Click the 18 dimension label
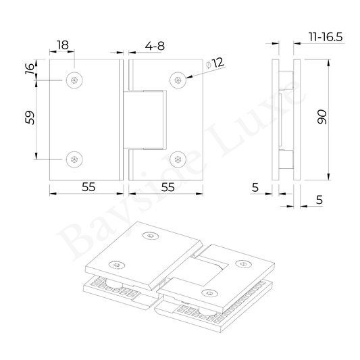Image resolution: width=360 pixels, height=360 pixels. pos(63,45)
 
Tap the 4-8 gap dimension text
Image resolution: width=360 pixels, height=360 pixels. pos(155,46)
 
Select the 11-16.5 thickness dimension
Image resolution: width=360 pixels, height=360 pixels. pos(326,37)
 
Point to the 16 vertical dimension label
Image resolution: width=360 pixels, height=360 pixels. pos(30,69)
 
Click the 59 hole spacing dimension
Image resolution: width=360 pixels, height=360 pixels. pos(30,118)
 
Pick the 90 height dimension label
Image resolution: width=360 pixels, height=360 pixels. pos(322,117)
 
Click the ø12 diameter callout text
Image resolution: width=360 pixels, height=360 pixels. pos(215,63)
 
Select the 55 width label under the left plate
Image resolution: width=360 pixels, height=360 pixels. pos(88,187)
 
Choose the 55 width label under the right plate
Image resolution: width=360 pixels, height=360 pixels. pos(168,187)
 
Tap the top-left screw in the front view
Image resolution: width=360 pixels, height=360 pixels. pos(74,80)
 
